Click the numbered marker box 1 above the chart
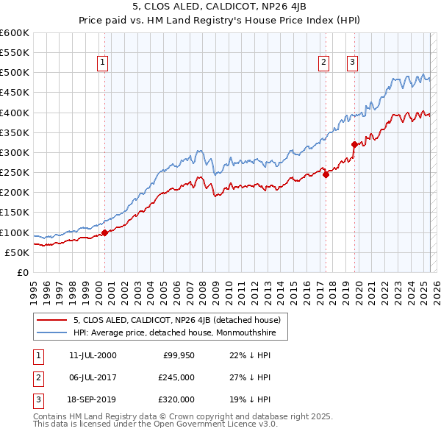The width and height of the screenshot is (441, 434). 102,63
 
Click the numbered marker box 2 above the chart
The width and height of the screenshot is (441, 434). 323,63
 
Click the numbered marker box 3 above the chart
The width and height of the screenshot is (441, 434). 352,63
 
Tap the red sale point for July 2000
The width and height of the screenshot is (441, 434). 104,232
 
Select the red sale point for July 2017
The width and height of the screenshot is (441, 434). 326,174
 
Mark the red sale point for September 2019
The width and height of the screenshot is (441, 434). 354,145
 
